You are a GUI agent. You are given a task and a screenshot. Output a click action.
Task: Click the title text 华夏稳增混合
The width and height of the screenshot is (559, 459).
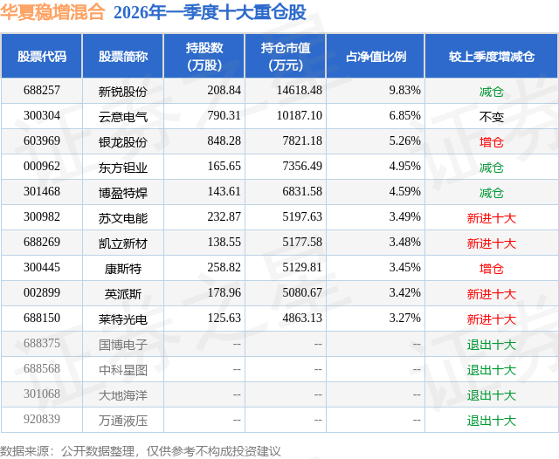click(x=53, y=13)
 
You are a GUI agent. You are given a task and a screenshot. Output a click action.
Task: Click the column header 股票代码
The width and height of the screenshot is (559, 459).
click(x=42, y=56)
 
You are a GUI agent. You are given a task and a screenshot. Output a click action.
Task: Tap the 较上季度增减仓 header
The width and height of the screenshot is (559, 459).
click(x=492, y=56)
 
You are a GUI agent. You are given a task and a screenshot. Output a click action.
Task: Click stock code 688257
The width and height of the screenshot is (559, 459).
click(x=42, y=91)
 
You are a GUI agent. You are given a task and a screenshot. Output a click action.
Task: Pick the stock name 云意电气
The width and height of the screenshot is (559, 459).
click(x=123, y=116)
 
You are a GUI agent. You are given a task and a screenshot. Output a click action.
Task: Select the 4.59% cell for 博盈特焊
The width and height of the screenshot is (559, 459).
click(x=405, y=192)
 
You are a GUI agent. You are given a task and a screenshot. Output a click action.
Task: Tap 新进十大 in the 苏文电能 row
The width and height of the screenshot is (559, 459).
click(x=492, y=217)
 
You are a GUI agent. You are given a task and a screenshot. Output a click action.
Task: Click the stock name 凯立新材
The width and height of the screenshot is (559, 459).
click(x=123, y=243)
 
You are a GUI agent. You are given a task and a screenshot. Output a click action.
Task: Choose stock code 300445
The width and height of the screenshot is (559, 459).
click(x=42, y=268)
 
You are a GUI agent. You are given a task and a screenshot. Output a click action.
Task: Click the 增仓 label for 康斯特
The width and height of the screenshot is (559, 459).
click(x=492, y=268)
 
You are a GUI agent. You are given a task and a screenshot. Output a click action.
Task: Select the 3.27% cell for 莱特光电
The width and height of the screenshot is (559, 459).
click(x=405, y=319)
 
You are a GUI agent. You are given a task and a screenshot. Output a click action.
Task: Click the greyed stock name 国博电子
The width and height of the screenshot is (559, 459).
click(x=123, y=344)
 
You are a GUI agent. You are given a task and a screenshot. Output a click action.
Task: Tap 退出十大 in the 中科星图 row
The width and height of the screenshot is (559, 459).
click(x=492, y=369)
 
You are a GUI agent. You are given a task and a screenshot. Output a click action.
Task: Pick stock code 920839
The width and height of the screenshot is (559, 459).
click(x=42, y=420)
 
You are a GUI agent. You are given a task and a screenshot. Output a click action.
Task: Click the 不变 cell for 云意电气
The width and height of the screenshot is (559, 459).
click(x=492, y=116)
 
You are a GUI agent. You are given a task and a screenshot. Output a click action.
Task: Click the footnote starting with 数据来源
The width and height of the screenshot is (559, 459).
click(x=141, y=450)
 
